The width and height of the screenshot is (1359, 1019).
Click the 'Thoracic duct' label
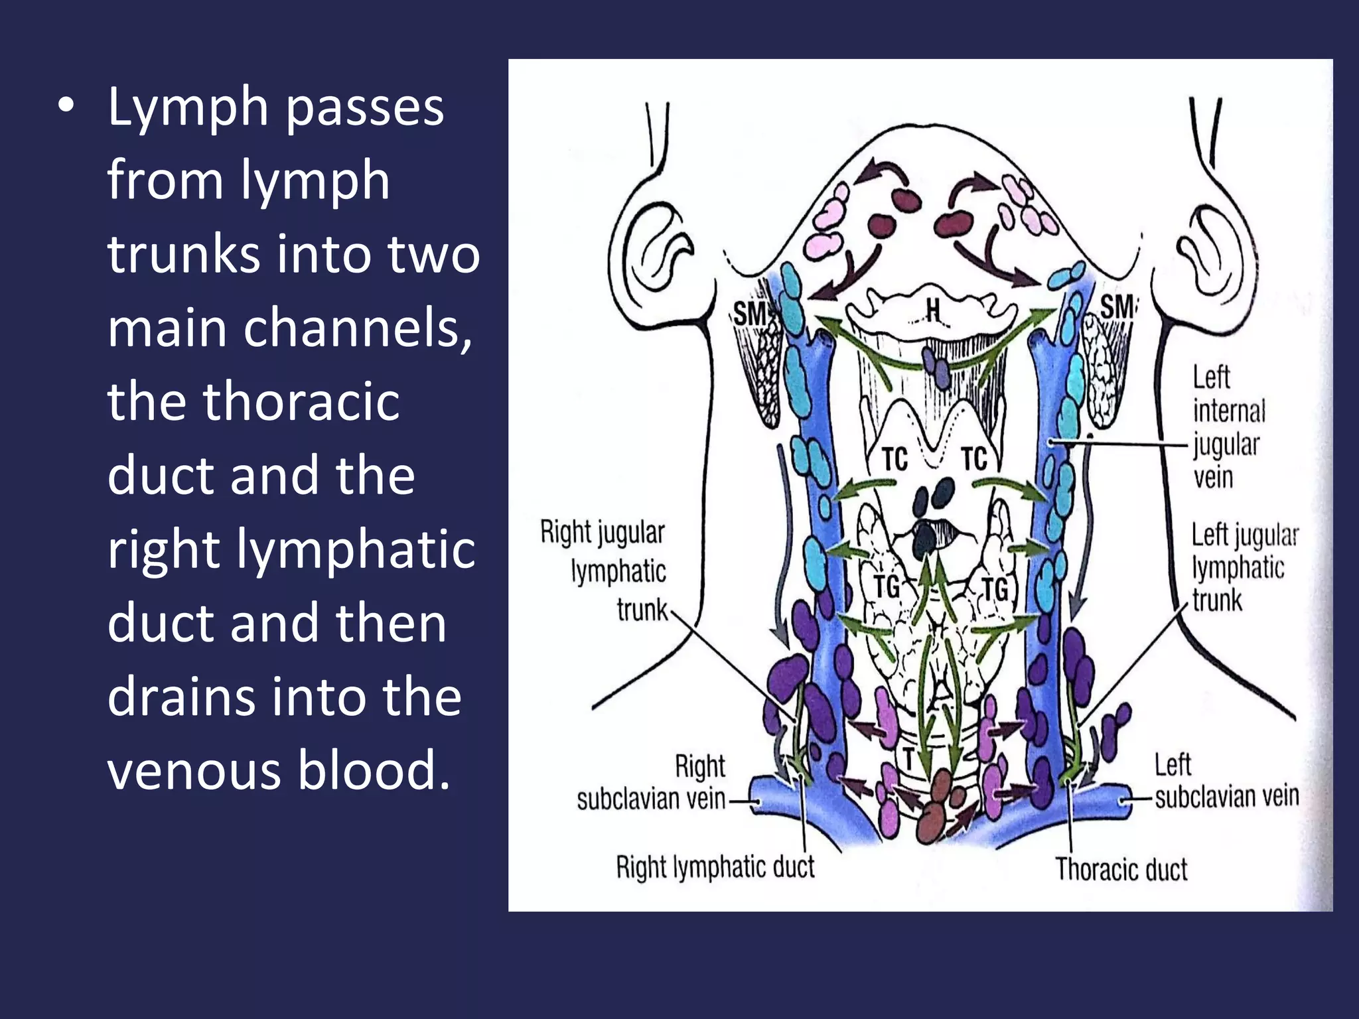point(1121,869)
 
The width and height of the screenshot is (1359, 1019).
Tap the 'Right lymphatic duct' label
point(715,867)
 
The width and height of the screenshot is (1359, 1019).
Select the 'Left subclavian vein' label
point(1226,783)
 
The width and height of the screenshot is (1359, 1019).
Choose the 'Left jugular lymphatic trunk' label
point(1244,568)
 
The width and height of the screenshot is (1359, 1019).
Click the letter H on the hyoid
point(933,309)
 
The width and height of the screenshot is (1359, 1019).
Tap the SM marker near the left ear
point(750,313)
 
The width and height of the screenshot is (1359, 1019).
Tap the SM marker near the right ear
point(1117,306)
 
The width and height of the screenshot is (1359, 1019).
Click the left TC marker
point(894,459)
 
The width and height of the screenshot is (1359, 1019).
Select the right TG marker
point(995,588)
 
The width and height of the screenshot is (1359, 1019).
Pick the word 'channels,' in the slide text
point(357,328)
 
